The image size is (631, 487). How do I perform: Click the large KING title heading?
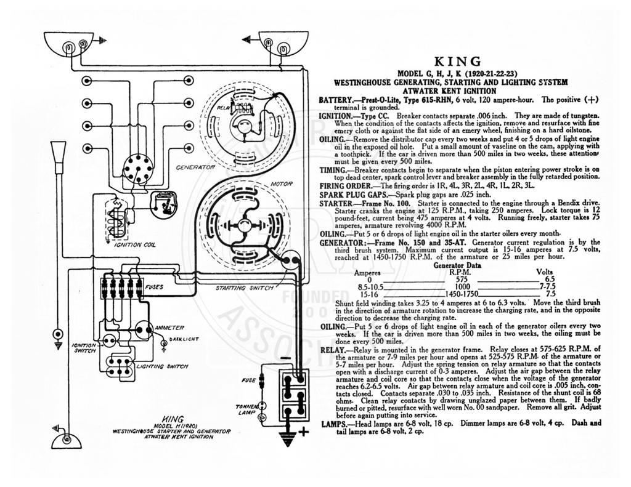(458, 62)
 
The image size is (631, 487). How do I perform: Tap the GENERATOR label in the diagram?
(195, 167)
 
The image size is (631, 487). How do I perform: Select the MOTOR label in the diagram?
(282, 184)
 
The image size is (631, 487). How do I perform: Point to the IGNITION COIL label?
(135, 244)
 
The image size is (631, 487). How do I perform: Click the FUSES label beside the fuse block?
(154, 287)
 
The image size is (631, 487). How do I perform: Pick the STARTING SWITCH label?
(244, 288)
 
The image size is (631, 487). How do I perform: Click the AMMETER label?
(169, 328)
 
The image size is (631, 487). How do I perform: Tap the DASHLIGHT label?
(184, 339)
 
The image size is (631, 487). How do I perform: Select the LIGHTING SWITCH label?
(162, 366)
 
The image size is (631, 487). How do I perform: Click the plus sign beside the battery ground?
(303, 432)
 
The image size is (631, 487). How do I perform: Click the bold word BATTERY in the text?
(335, 100)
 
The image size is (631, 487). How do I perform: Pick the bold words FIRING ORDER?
(346, 186)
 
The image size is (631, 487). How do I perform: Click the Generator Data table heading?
(457, 265)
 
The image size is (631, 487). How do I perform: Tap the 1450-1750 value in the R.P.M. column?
(461, 294)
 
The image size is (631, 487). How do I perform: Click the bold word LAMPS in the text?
(334, 424)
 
